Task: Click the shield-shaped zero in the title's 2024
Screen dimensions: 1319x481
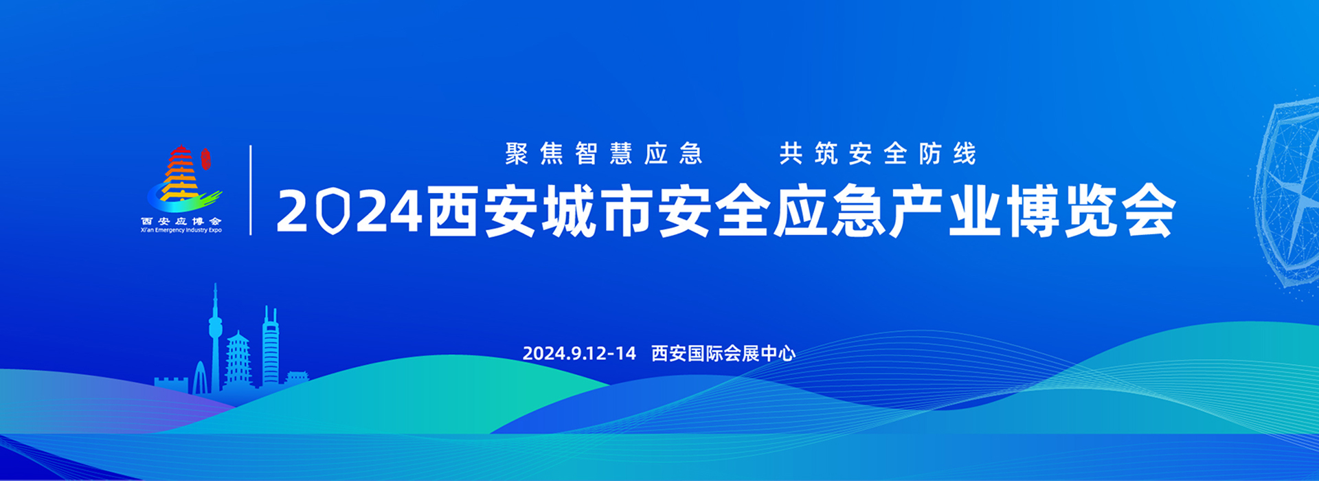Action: point(333,212)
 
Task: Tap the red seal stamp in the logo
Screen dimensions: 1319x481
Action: point(205,159)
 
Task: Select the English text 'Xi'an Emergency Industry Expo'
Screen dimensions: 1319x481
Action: point(181,230)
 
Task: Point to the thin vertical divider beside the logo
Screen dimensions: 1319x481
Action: point(251,190)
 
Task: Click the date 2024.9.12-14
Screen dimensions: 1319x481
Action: point(579,354)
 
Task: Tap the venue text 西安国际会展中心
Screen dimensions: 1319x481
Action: point(723,354)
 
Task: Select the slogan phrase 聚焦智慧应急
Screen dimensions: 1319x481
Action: point(604,154)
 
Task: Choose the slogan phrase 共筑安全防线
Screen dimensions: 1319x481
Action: point(878,154)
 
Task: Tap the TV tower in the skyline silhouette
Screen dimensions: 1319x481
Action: point(215,337)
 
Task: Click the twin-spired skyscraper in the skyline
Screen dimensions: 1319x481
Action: point(271,347)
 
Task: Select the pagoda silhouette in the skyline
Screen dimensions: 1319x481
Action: point(238,359)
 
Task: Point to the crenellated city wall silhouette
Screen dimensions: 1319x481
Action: point(171,385)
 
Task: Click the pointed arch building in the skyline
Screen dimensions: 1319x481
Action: point(200,378)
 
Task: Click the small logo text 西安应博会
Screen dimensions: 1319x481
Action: point(181,221)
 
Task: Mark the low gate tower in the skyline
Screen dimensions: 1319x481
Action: point(297,378)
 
